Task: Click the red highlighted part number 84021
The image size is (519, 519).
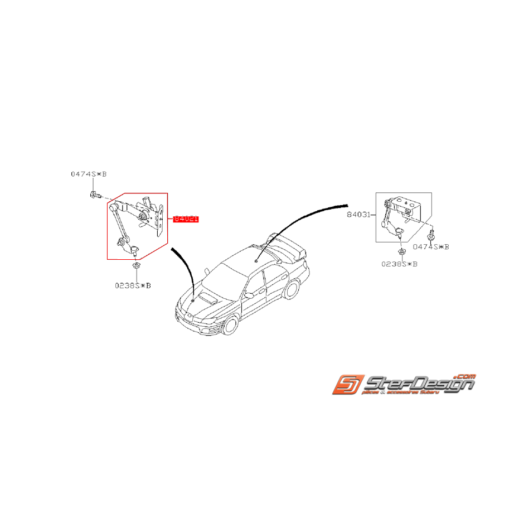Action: tap(186, 219)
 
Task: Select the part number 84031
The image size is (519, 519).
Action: tap(358, 214)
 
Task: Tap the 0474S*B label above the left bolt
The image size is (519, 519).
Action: tap(88, 174)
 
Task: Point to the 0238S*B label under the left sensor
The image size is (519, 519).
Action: tap(133, 285)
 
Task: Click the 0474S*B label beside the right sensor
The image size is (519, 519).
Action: tap(431, 246)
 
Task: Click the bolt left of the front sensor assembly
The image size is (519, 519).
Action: tap(94, 195)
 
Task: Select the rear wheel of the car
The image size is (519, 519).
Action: tap(291, 290)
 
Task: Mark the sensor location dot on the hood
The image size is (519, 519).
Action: tap(193, 300)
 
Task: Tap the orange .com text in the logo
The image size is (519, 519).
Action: tap(464, 376)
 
